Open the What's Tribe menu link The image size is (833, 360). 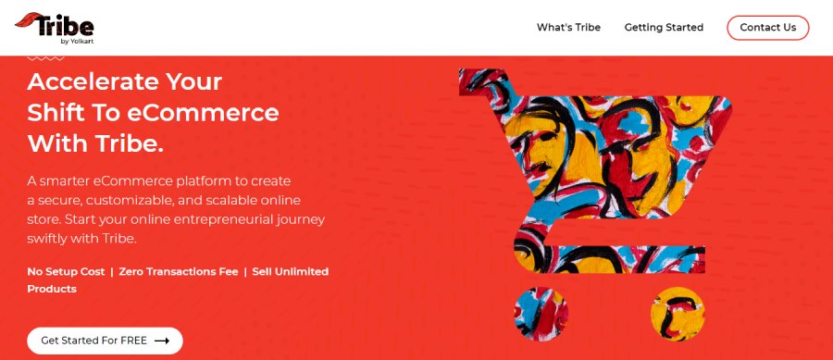click(x=568, y=28)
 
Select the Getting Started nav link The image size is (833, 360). click(x=664, y=28)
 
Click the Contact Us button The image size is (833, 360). click(x=767, y=28)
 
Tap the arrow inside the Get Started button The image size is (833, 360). click(x=162, y=341)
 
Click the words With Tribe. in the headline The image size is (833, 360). click(x=95, y=144)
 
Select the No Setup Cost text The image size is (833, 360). click(x=66, y=271)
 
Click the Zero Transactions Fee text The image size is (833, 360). click(x=179, y=271)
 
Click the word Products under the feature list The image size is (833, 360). click(x=52, y=289)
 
